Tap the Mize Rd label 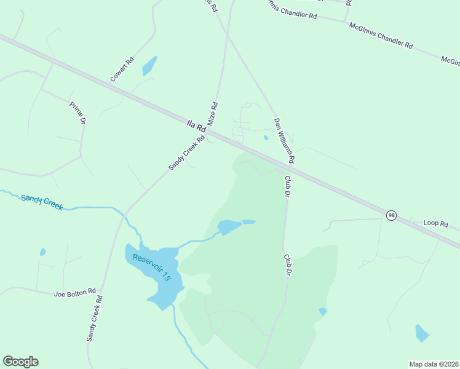click(213, 114)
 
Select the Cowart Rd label click(122, 70)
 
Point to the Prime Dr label click(78, 113)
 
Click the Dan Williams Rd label click(284, 141)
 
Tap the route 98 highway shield click(391, 215)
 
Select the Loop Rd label click(436, 224)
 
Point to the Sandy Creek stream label click(42, 202)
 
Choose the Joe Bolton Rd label click(74, 292)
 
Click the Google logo click(20, 362)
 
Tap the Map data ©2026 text click(434, 363)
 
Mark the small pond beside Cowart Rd click(149, 66)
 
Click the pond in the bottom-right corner click(421, 333)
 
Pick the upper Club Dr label click(287, 186)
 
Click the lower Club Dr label click(287, 265)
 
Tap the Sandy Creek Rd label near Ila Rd click(186, 153)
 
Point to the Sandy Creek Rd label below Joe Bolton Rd click(94, 318)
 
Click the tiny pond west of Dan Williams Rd click(266, 138)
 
